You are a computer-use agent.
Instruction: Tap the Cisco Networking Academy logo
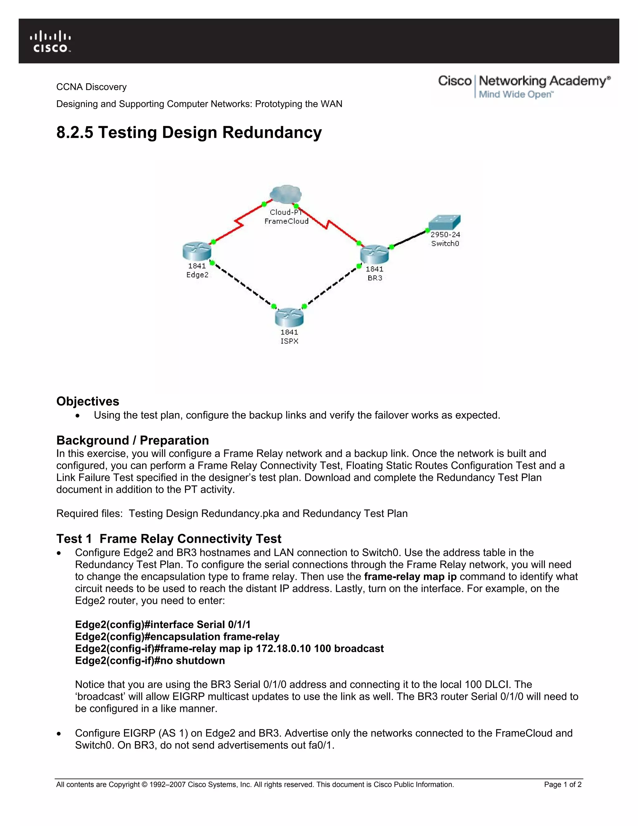(524, 86)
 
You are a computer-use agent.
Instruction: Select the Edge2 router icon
(197, 252)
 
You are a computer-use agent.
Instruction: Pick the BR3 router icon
(374, 254)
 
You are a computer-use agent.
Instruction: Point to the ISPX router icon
(289, 317)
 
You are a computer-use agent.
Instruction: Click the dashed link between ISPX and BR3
(332, 286)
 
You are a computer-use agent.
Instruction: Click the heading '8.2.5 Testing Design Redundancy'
(189, 133)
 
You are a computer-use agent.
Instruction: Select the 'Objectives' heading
(88, 401)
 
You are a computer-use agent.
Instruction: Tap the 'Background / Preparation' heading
(133, 440)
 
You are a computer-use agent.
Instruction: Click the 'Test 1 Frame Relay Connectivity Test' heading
(169, 539)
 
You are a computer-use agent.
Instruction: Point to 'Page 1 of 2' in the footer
(562, 785)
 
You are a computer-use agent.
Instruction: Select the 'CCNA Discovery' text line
(92, 87)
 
